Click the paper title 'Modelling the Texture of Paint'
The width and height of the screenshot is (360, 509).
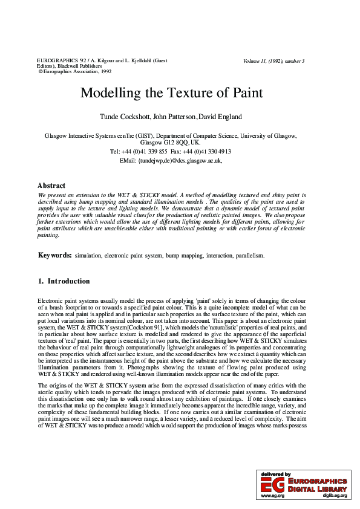tap(172, 93)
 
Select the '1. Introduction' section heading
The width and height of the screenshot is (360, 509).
tap(64, 281)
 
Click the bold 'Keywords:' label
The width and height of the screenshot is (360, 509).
tap(55, 256)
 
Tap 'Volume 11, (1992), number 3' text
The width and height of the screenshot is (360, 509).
tap(273, 61)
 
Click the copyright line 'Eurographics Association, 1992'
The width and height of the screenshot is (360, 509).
tap(77, 71)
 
